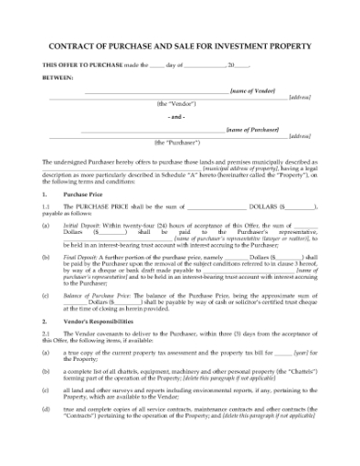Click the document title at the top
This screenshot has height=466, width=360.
click(x=180, y=46)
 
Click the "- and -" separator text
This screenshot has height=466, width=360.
click(x=179, y=117)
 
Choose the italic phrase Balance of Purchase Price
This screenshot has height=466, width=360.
click(x=102, y=296)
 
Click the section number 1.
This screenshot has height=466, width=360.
click(x=45, y=196)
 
